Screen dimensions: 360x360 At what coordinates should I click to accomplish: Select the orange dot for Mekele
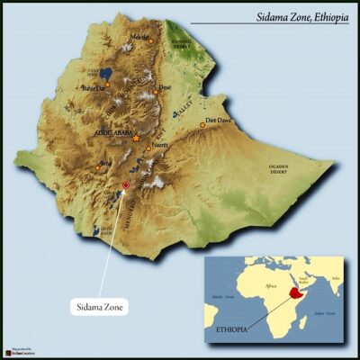tap(151, 41)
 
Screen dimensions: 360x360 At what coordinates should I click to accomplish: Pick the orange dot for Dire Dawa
tap(203, 125)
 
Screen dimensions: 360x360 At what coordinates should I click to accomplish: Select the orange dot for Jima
tap(97, 166)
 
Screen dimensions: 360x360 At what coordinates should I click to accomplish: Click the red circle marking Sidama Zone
tap(125, 185)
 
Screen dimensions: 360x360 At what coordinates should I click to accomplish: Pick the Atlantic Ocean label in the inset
tap(222, 295)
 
